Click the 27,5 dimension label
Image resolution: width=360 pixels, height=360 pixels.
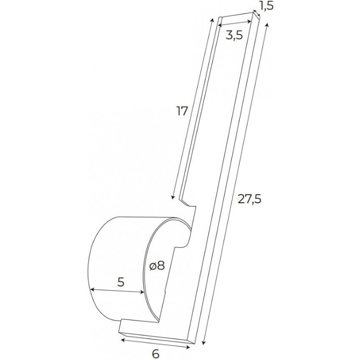(x=249, y=199)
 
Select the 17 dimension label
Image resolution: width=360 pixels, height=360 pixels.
(x=182, y=111)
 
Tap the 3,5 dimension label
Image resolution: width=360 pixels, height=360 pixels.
(x=234, y=36)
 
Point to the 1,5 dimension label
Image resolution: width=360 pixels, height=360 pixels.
(x=267, y=6)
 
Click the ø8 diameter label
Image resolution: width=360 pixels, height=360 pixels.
(x=157, y=266)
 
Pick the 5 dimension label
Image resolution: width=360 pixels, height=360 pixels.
(x=121, y=282)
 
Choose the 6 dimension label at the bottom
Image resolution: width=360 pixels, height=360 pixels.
(x=156, y=354)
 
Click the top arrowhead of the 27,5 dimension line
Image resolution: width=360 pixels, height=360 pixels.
(x=266, y=25)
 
